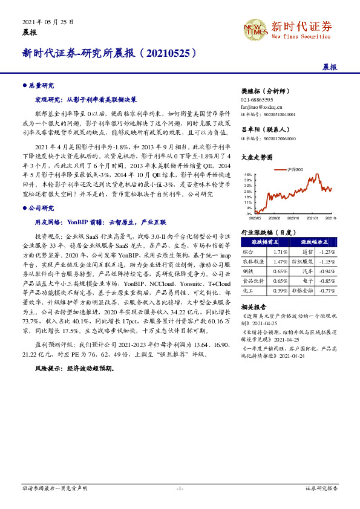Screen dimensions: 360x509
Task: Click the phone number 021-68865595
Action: (x=257, y=100)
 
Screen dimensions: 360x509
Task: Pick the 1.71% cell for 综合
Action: (x=280, y=251)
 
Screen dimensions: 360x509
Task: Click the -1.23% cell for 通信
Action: (x=327, y=251)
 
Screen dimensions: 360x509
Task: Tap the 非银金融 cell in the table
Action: (x=303, y=291)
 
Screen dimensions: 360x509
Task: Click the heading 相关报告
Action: (x=254, y=306)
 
